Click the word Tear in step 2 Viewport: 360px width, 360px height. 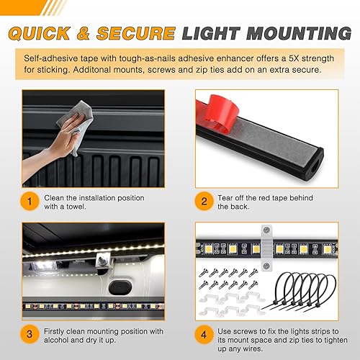pos(228,198)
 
